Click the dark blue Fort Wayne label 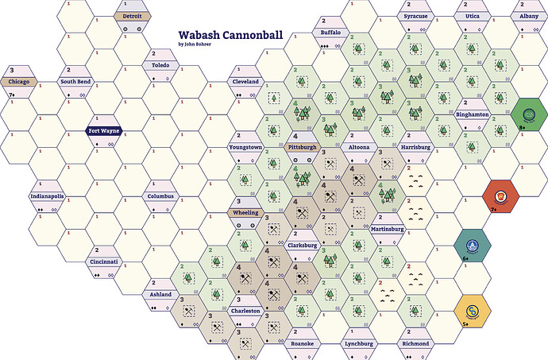103,131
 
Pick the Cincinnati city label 104,261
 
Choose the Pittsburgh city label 301,147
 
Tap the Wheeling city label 244,213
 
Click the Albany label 528,16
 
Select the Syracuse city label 415,16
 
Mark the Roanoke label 302,343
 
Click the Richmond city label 415,343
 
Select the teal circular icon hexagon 472,245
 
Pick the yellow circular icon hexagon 472,311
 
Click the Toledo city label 160,65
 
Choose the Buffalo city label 330,32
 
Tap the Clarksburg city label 302,246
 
